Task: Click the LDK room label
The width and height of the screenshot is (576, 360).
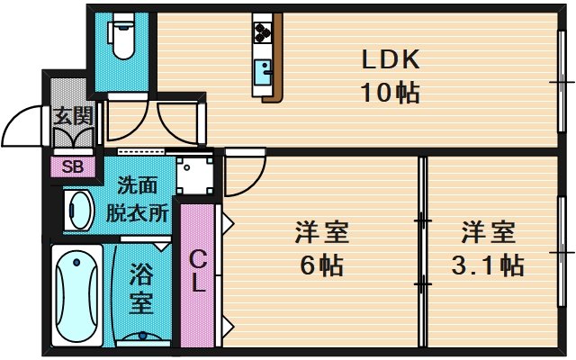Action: pos(391,59)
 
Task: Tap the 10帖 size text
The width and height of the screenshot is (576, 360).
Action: pos(391,93)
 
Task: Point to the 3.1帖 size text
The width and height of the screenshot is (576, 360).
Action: pos(489,266)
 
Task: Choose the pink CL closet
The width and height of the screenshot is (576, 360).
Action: pos(198,272)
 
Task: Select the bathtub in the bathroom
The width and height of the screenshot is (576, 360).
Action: pos(76,294)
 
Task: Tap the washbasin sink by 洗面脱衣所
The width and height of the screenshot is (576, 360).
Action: pos(80,211)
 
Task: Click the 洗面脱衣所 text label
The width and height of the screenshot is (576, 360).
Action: pos(138,200)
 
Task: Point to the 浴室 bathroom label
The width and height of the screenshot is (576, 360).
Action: pos(140,287)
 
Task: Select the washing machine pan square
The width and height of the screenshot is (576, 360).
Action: pos(193,175)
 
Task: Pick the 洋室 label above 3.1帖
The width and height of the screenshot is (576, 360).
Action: pos(489,233)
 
